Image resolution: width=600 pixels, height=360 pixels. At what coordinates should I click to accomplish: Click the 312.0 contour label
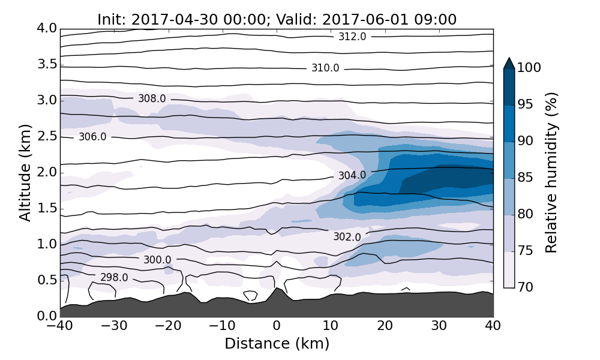[x=352, y=37]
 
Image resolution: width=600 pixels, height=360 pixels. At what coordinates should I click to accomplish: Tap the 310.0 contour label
[x=325, y=68]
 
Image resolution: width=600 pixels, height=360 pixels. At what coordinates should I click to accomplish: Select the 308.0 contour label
[x=152, y=98]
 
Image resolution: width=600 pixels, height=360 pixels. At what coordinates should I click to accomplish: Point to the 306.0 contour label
[x=92, y=137]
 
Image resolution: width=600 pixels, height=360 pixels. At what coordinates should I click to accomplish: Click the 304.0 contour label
[x=352, y=176]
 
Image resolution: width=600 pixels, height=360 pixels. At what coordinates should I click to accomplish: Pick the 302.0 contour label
[x=347, y=237]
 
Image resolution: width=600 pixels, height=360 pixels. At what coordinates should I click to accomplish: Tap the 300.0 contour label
[x=157, y=260]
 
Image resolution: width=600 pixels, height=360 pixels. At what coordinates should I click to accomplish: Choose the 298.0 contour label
[x=114, y=278]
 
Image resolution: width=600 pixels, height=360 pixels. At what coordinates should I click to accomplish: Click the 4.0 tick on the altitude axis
[x=47, y=28]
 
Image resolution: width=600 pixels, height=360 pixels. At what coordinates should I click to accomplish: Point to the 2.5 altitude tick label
[x=47, y=136]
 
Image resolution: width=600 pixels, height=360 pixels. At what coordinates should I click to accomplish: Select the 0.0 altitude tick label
[x=47, y=316]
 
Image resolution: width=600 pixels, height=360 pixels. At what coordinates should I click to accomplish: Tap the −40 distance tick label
[x=60, y=327]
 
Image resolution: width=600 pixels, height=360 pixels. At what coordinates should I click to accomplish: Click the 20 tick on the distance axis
[x=385, y=327]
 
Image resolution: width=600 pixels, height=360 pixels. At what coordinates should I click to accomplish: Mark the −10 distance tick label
[x=223, y=327]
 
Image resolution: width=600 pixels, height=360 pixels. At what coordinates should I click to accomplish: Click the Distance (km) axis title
[x=277, y=344]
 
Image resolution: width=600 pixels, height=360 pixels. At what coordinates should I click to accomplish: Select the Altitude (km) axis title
[x=25, y=172]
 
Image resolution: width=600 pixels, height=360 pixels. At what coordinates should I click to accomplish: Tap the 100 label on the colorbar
[x=529, y=68]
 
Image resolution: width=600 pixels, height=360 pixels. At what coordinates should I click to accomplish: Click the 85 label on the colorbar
[x=526, y=178]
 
